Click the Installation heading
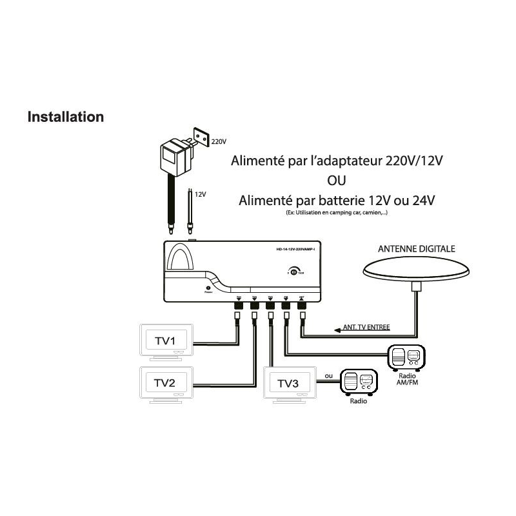coord(65,117)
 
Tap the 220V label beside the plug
coord(220,141)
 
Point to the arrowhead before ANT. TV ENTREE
coord(337,330)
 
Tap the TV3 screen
coord(288,383)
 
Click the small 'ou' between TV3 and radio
coord(329,375)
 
